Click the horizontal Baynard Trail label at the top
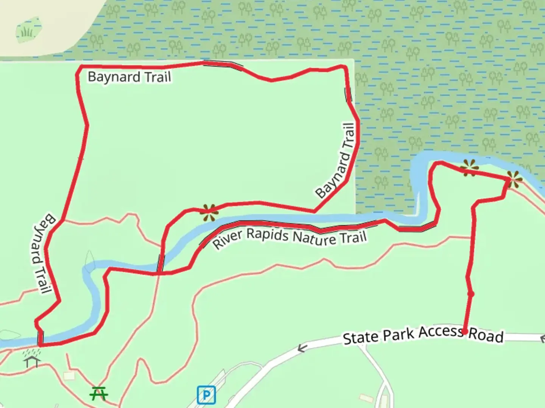129,77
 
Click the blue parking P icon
206,395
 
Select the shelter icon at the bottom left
32,361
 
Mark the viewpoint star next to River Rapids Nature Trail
209,212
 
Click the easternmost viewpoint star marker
514,179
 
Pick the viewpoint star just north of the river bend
469,168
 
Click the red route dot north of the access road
471,294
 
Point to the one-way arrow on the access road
301,348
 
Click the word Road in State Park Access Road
486,335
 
